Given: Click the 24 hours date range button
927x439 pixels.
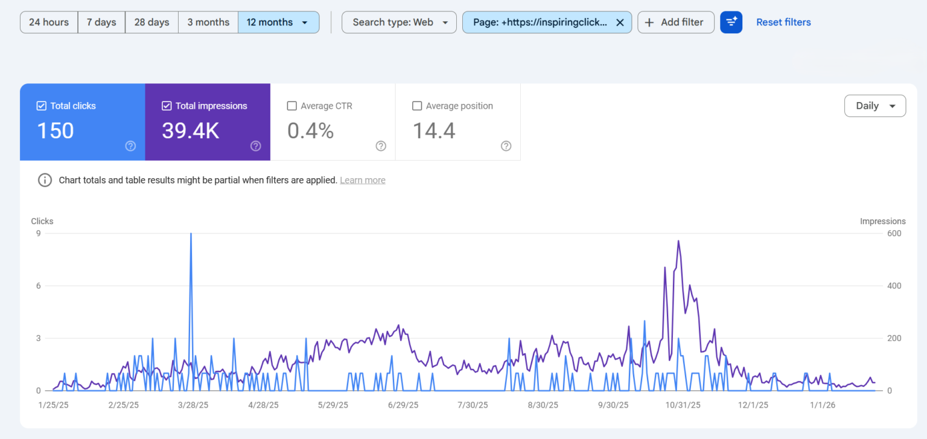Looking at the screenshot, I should click(x=49, y=22).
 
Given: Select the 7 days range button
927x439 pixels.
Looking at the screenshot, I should click(x=101, y=22).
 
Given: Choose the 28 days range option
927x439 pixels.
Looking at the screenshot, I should click(x=151, y=22).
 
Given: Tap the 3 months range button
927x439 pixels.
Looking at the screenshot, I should click(x=208, y=22).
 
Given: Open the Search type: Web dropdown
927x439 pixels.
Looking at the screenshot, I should click(x=399, y=22).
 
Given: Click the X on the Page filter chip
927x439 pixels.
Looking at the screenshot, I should click(x=620, y=22).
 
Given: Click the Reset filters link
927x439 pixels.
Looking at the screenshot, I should click(x=783, y=22).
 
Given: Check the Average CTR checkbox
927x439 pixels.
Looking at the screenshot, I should click(x=292, y=106).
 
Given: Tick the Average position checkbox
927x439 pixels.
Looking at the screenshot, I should click(x=417, y=106).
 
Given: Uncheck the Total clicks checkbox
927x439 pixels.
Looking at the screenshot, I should click(x=42, y=106).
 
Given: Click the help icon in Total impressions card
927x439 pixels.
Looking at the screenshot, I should click(x=256, y=146).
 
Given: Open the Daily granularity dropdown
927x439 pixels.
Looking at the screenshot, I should click(x=874, y=106).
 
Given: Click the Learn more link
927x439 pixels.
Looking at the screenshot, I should click(x=363, y=180).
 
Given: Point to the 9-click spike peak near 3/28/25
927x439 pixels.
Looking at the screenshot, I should click(x=191, y=234).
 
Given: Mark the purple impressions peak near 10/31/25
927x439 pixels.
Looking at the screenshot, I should click(x=678, y=241).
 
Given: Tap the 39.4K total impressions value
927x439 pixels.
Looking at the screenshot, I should click(x=191, y=131).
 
